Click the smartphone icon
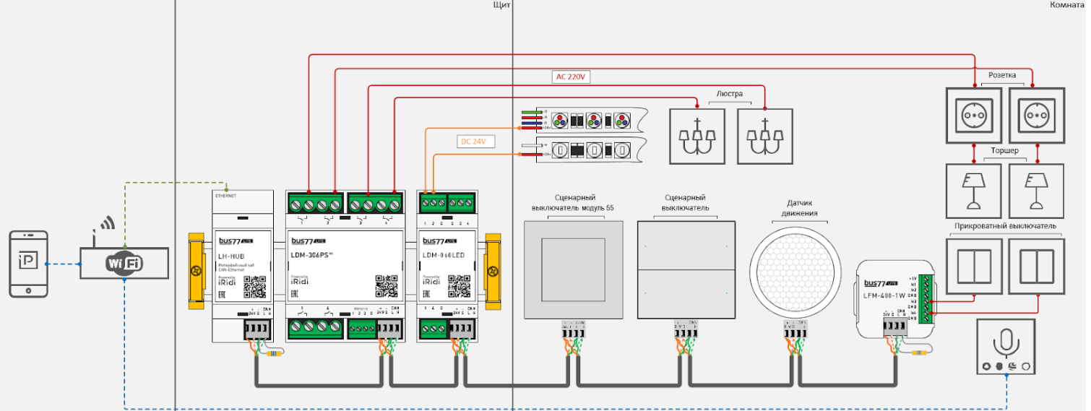click(x=29, y=264)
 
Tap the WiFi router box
click(x=124, y=264)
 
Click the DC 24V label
click(x=475, y=142)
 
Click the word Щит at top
click(x=502, y=5)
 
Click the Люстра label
click(x=730, y=94)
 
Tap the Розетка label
click(x=1002, y=75)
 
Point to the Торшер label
click(x=1004, y=151)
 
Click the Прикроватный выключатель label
click(x=1005, y=226)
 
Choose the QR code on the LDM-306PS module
click(x=387, y=286)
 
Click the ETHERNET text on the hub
click(x=226, y=196)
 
